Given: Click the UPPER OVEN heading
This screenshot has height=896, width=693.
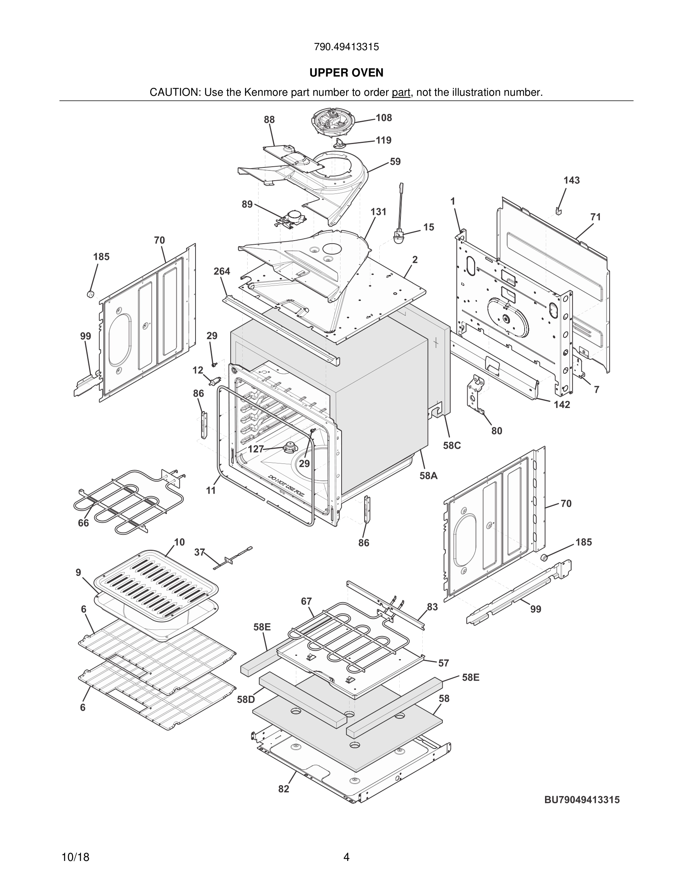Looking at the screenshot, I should click(346, 73).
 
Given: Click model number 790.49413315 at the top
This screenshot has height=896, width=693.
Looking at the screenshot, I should click(346, 47).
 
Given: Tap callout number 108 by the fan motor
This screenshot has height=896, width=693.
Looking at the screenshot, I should click(383, 118).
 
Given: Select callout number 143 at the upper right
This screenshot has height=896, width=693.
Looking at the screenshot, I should click(571, 180).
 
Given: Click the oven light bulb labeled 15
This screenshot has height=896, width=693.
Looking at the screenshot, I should click(398, 237).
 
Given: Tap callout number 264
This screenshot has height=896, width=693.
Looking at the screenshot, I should click(222, 271).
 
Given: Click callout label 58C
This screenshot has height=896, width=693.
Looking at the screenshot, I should click(451, 445).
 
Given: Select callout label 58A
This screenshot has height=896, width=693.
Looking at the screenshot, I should click(428, 476).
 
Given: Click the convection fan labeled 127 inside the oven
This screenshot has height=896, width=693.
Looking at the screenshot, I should click(291, 447).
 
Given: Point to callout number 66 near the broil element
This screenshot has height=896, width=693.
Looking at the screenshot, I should click(83, 523).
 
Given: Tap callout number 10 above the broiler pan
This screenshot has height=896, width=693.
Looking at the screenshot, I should click(179, 542).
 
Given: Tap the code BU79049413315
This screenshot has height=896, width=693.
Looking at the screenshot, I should click(582, 799).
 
